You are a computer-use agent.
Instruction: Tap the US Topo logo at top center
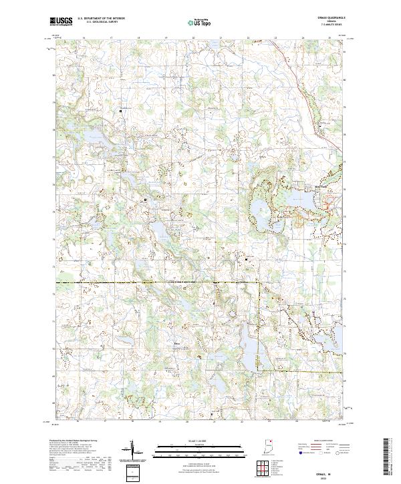coord(201,22)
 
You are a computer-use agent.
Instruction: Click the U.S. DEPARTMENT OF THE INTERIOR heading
coord(101,19)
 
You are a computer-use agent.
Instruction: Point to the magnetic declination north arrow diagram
coord(132,451)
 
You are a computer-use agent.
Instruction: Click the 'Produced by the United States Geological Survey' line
coord(74,441)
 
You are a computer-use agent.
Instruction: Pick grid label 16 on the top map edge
coord(84,39)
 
